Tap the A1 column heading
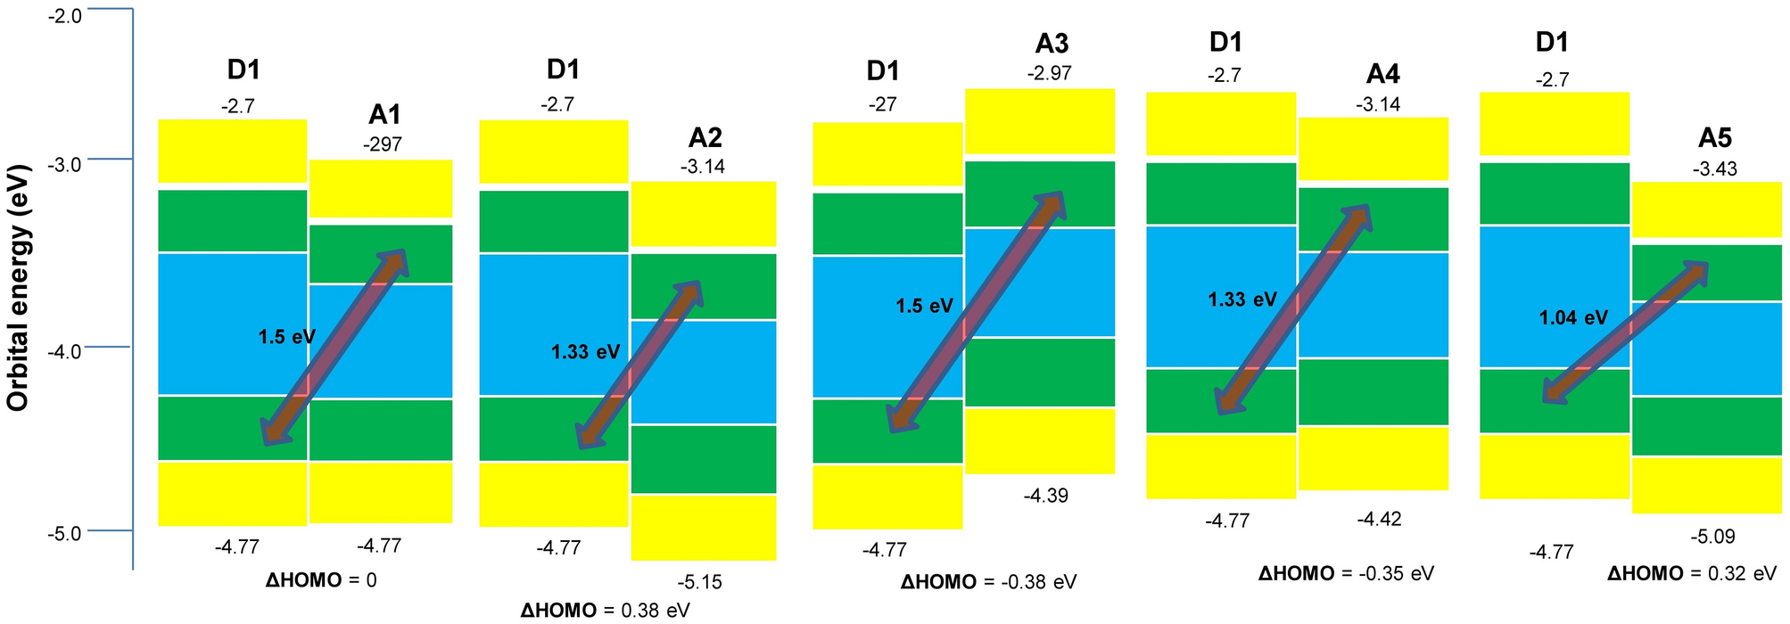(x=384, y=114)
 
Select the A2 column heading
(x=705, y=137)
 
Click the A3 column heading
(x=1052, y=43)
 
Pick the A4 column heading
(x=1382, y=74)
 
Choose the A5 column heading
(x=1714, y=137)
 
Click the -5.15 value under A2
(x=699, y=582)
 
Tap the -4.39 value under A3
(x=1045, y=496)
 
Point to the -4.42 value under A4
(x=1378, y=519)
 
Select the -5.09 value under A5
(x=1712, y=537)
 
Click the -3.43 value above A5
(x=1714, y=168)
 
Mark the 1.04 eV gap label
(x=1572, y=317)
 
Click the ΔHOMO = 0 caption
(x=321, y=580)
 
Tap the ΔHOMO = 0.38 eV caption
(x=605, y=611)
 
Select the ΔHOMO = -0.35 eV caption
(x=1346, y=573)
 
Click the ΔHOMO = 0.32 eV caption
(x=1692, y=573)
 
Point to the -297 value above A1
(x=383, y=144)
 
